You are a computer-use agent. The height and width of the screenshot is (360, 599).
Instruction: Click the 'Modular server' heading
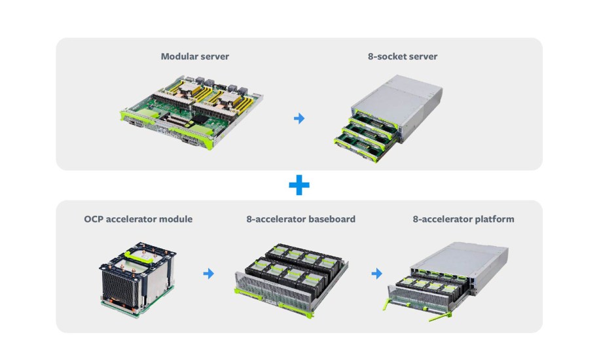click(195, 56)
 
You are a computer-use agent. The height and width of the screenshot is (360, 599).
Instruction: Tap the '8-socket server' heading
click(402, 56)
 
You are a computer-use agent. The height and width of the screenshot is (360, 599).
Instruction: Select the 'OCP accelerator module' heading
click(138, 219)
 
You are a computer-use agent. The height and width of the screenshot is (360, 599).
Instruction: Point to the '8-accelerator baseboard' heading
click(300, 219)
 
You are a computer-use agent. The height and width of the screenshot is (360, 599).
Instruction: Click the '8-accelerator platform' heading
click(463, 219)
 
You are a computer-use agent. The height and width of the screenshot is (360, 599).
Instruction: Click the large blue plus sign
click(299, 185)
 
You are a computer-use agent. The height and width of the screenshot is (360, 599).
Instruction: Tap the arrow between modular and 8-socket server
click(299, 118)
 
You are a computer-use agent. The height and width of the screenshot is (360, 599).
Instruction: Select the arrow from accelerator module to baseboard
click(209, 274)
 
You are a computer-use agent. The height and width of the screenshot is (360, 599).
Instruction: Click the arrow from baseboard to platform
click(377, 274)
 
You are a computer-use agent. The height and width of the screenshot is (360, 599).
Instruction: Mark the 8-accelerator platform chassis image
click(452, 278)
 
